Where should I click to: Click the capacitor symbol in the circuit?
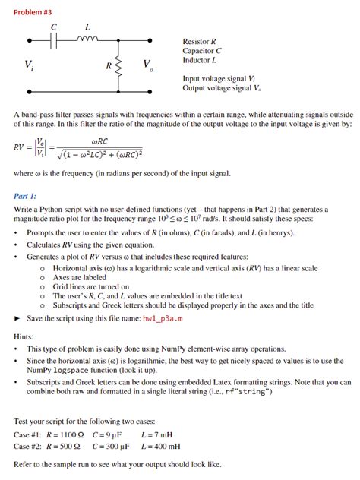55,41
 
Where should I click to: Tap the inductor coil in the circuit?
87,39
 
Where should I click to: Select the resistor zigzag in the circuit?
117,65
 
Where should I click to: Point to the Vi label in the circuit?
30,66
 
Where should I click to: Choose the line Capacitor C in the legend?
202,50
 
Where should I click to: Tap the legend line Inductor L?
200,59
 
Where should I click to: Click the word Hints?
24,336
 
